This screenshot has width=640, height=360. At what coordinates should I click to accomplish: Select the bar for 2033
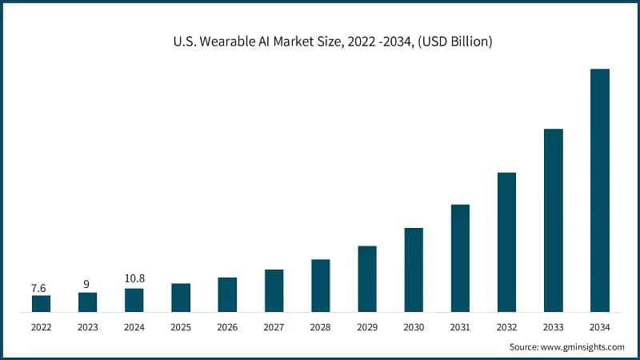pos(554,220)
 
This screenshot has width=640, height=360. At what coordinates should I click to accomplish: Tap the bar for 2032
pos(506,242)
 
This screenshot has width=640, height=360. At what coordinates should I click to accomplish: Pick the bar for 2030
pos(414,270)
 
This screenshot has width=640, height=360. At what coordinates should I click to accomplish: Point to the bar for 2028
pos(321,285)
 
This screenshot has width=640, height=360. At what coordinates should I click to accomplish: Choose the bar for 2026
pos(227,294)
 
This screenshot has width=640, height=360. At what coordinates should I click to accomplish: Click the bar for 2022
pos(41,303)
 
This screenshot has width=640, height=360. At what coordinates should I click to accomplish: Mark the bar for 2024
pos(134,300)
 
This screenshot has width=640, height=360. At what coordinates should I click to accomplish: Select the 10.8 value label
pos(134,278)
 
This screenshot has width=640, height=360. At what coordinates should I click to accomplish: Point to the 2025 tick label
pos(181,326)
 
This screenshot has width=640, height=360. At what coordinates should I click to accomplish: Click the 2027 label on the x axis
pos(274,326)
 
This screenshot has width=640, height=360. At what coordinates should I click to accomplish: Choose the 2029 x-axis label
pos(367,326)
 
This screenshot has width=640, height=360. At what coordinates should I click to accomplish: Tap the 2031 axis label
pos(460,326)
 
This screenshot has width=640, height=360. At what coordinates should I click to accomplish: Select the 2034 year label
pos(600,326)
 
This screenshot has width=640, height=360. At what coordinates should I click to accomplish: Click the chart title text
pos(320,41)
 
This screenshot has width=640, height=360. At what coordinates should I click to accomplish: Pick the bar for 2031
pos(460,258)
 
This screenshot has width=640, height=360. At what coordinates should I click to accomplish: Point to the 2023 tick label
pos(88,326)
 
